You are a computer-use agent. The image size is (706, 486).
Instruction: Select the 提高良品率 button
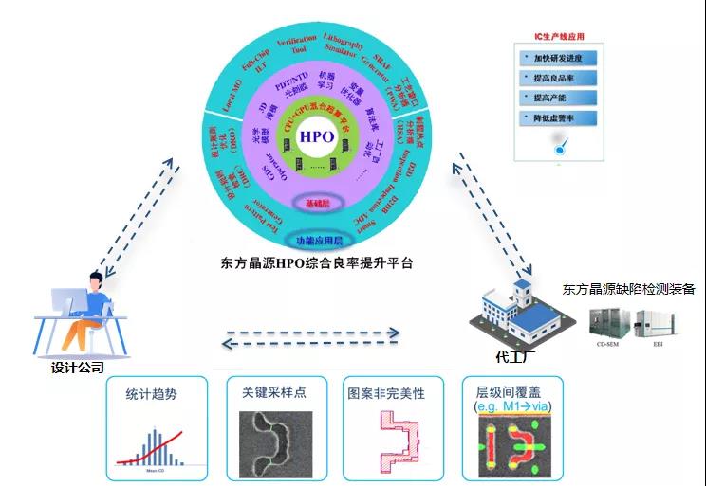559,77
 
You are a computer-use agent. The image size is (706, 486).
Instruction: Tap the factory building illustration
520,311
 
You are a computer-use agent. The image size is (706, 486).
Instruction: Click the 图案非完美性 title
386,392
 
